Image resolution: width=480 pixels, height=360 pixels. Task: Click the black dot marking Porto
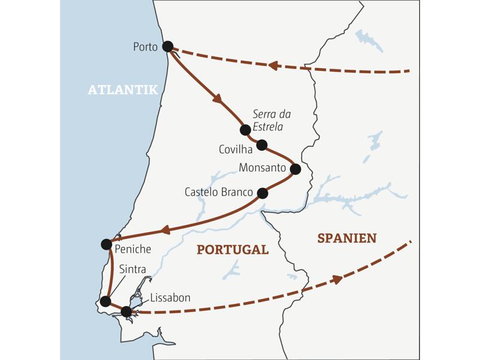pos(167,46)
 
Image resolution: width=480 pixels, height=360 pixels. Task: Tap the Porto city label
pos(146,47)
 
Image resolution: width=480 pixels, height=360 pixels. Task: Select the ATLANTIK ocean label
pos(122,90)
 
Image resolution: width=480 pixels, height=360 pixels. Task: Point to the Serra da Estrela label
pos(268,119)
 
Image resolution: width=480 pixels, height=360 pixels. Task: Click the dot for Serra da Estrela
pos(245,130)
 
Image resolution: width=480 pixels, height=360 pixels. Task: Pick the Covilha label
pos(236,149)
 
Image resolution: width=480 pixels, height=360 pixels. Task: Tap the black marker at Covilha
pos(262,145)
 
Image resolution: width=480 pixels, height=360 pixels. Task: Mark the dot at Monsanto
pos(295,169)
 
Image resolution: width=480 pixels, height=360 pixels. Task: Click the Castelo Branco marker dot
pos(262,193)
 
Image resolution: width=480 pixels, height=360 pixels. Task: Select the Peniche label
pos(134,248)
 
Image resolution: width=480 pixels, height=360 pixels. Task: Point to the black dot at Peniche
pos(106,244)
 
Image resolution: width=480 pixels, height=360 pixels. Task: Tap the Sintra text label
pos(132,269)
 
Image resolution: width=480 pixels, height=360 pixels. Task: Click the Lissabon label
pos(170,298)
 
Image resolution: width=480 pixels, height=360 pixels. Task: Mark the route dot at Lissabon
pos(126,311)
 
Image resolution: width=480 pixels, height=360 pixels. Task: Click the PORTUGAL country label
pos(232,250)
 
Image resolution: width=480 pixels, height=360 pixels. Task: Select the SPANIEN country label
pos(347,238)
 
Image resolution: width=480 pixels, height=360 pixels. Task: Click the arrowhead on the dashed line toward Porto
pos(273,65)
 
